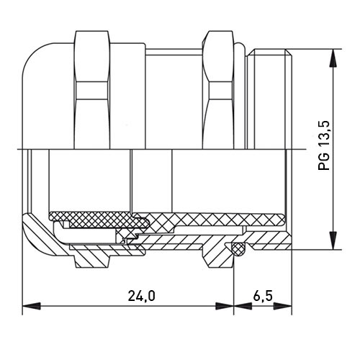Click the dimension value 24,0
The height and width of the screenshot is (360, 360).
click(141, 296)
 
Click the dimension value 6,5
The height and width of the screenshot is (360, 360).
click(263, 296)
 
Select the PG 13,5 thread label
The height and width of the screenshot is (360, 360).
click(324, 145)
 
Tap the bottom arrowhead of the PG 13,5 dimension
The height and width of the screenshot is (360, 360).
click(333, 240)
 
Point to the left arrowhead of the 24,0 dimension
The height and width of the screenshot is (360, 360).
click(31, 306)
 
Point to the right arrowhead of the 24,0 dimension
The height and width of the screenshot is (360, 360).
click(225, 306)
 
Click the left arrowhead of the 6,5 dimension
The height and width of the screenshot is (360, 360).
click(243, 306)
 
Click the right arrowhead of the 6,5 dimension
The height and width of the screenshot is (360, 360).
click(283, 306)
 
